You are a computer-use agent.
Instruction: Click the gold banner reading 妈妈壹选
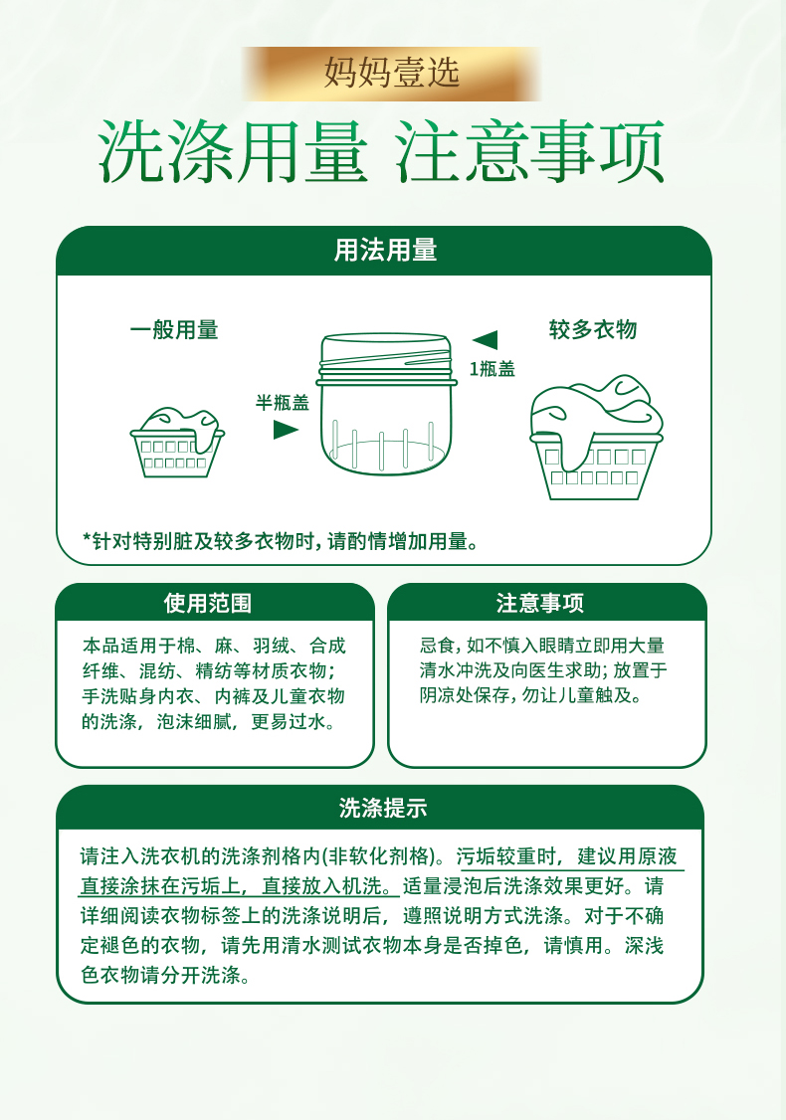[x=392, y=74]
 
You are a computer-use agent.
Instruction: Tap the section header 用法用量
[x=385, y=251]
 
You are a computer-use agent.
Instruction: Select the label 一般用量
[x=174, y=330]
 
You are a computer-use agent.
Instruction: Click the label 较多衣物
[x=592, y=329]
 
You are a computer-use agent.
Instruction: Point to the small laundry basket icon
[x=176, y=443]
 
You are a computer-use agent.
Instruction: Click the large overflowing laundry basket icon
[x=596, y=437]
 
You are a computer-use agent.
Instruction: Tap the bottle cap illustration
[x=386, y=404]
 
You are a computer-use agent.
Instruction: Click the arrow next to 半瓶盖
[x=286, y=430]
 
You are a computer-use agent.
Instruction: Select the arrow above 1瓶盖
[x=486, y=340]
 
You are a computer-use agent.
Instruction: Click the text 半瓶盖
[x=283, y=403]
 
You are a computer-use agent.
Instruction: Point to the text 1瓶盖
[x=491, y=369]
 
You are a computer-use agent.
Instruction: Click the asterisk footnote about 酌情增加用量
[x=281, y=541]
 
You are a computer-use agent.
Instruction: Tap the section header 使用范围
[x=207, y=603]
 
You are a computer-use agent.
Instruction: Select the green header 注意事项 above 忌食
[x=540, y=603]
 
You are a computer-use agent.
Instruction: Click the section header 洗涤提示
[x=383, y=808]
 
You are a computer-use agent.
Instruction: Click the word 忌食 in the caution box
[x=438, y=646]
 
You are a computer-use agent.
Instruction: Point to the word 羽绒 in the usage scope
[x=271, y=646]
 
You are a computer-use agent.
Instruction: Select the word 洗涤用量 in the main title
[x=233, y=152]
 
